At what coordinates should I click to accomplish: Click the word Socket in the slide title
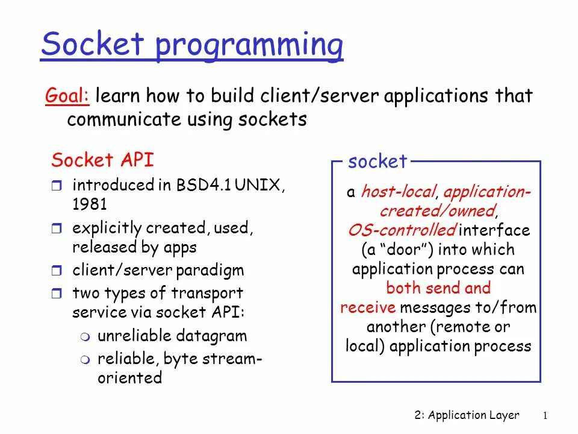[x=93, y=45]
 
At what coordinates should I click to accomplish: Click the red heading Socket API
[x=102, y=160]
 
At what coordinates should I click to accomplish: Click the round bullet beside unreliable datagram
[x=84, y=337]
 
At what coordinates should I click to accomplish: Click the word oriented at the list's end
[x=129, y=378]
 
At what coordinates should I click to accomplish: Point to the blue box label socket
[x=378, y=162]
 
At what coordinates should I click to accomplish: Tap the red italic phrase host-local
[x=398, y=192]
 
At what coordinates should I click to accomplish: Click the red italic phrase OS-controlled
[x=402, y=230]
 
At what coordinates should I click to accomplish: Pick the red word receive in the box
[x=368, y=307]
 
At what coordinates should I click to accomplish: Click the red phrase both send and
[x=438, y=288]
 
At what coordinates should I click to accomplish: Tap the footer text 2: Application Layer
[x=467, y=415]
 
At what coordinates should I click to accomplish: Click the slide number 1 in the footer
[x=544, y=415]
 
